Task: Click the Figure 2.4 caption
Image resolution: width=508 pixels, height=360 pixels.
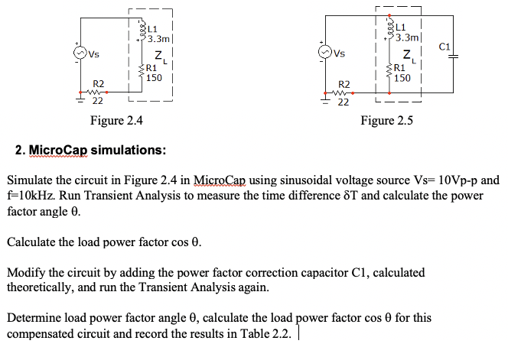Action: [x=116, y=120]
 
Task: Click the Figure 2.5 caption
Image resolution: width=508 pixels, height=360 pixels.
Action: [x=387, y=120]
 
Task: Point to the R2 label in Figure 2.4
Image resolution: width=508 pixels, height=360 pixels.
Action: [x=99, y=83]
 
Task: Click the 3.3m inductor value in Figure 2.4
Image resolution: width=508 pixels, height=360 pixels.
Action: [x=160, y=37]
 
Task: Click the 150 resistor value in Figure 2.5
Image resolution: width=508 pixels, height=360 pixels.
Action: [x=403, y=77]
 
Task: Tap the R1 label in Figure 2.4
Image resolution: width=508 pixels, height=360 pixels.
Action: [x=153, y=67]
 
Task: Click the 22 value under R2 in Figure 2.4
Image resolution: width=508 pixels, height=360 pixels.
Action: [x=99, y=100]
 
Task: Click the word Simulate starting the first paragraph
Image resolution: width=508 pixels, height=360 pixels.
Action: [x=31, y=180]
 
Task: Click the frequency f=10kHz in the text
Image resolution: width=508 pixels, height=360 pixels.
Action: [x=31, y=195]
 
